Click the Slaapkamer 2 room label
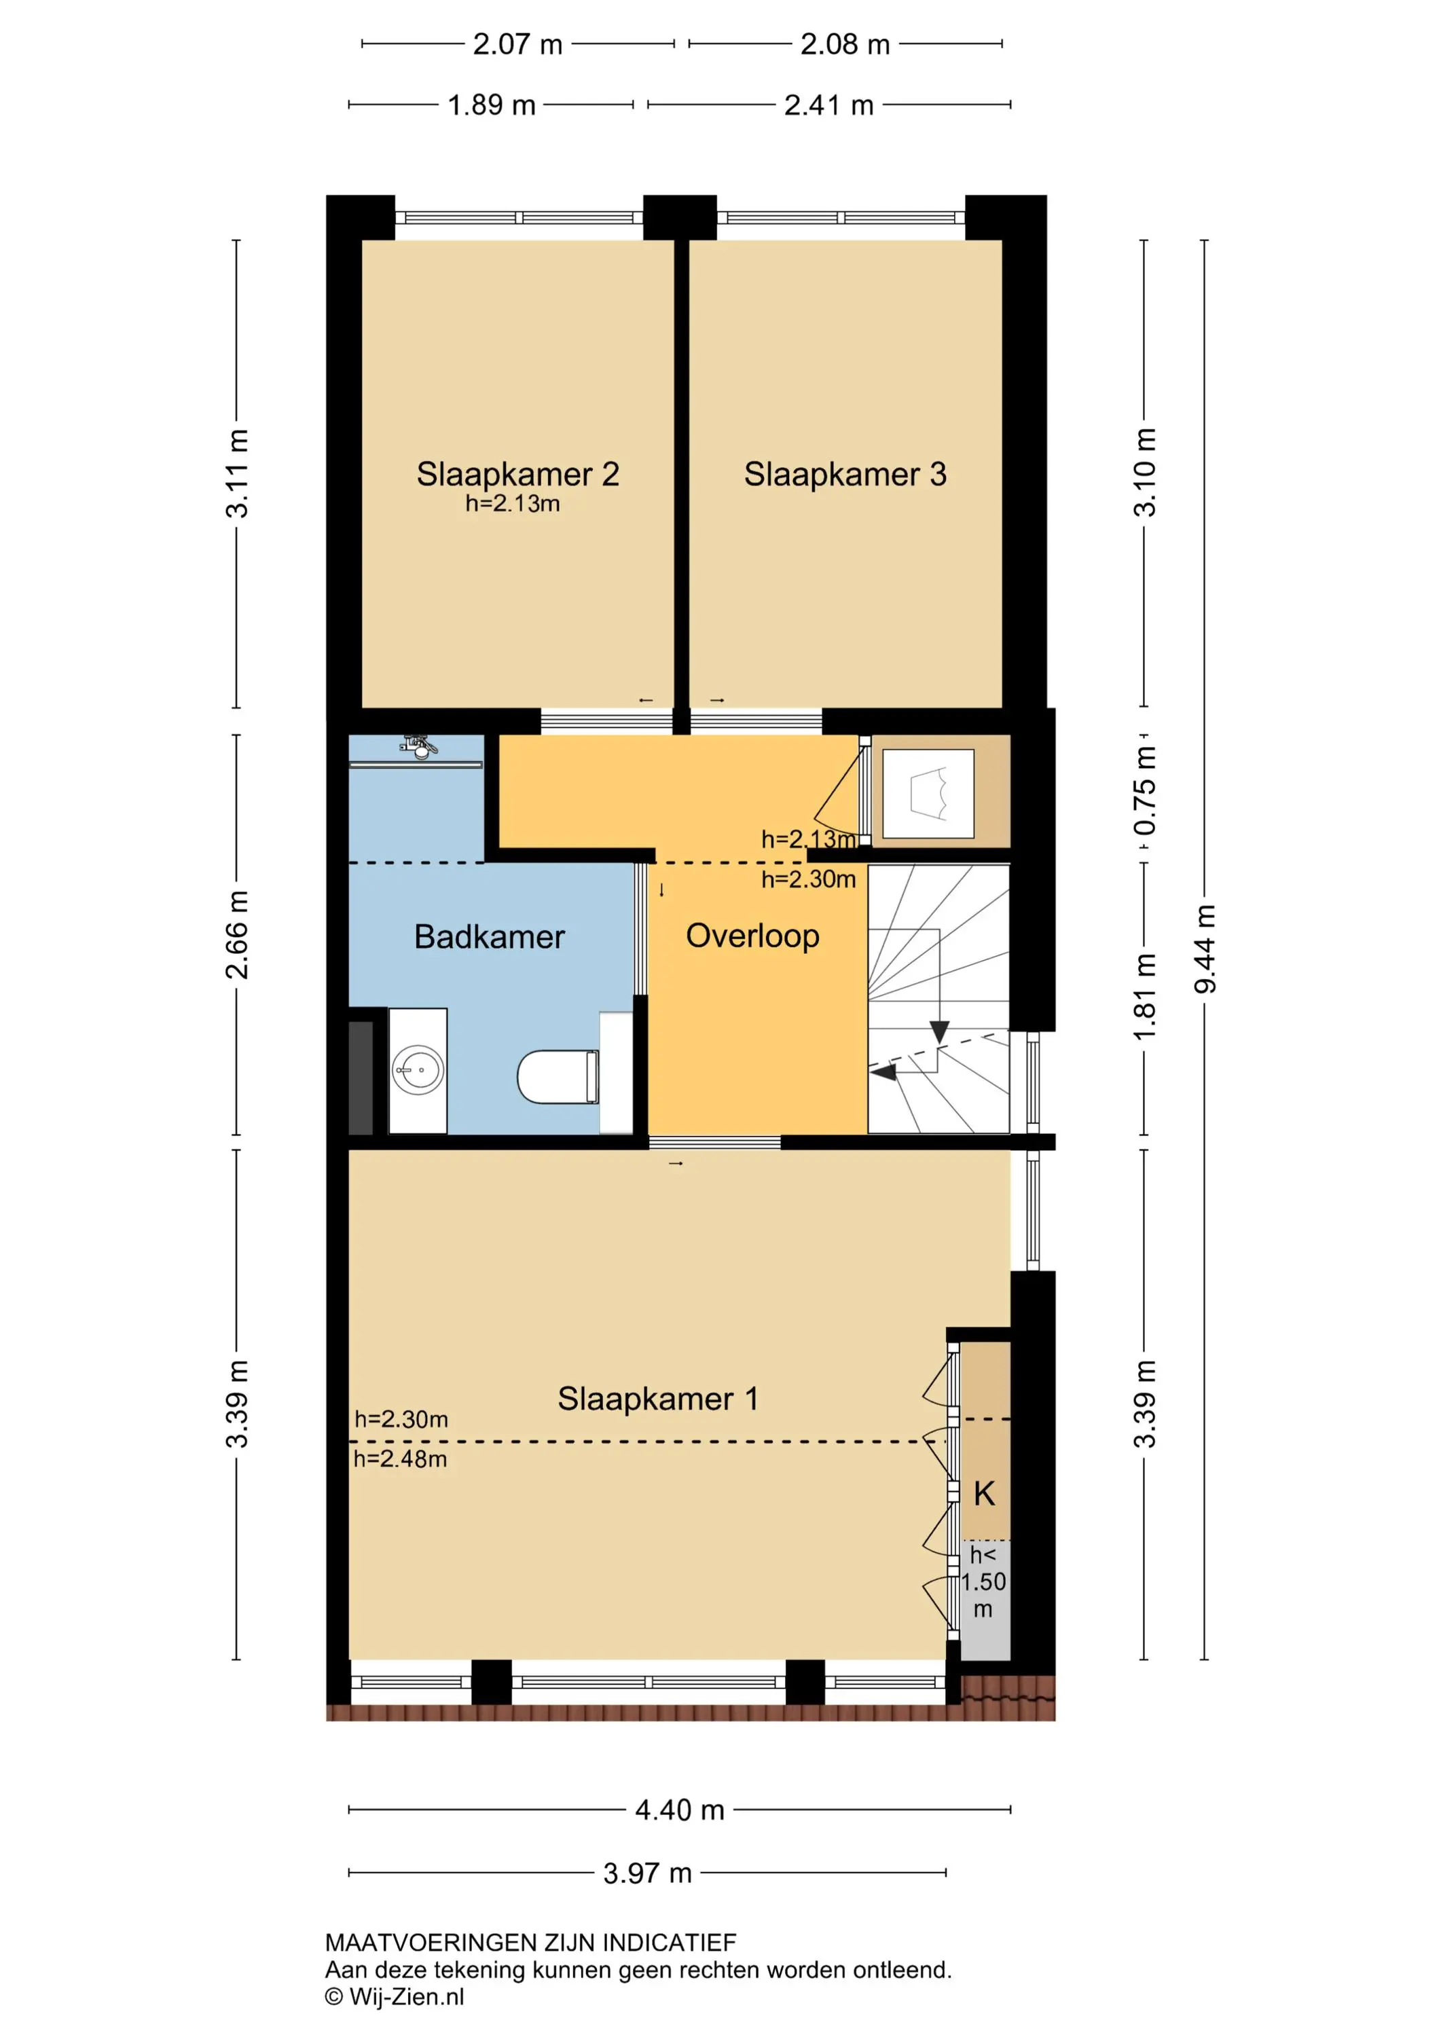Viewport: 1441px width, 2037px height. tap(517, 475)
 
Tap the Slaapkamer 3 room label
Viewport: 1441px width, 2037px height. tap(845, 475)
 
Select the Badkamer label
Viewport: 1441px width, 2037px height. tap(489, 937)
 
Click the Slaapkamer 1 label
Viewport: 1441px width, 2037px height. tap(657, 1399)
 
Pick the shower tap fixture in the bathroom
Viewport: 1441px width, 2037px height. tap(420, 746)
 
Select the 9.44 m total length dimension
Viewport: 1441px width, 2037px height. tap(1204, 949)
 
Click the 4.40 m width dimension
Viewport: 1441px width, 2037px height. tap(680, 1810)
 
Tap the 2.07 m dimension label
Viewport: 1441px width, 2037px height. tap(517, 44)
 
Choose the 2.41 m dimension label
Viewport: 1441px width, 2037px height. tap(828, 105)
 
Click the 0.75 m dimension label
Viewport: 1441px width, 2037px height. tap(1145, 790)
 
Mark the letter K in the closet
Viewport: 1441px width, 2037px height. tap(984, 1494)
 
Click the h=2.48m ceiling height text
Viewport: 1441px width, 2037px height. tap(400, 1458)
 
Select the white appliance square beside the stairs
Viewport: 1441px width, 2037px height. tap(929, 793)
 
